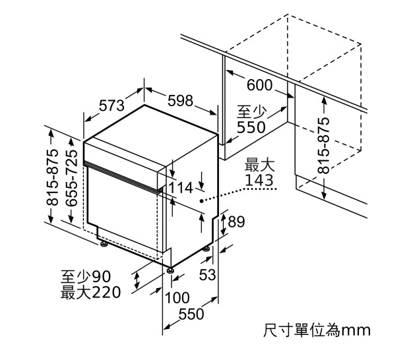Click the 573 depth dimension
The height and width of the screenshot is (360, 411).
point(111,106)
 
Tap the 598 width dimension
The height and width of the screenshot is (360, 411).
point(180,101)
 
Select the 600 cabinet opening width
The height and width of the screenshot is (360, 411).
point(260,85)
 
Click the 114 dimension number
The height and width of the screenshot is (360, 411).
point(181,188)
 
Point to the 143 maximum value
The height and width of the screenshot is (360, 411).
point(259,180)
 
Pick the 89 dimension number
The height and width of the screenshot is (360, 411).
point(236,222)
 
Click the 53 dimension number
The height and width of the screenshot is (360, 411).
point(207,274)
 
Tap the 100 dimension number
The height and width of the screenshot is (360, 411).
point(177,298)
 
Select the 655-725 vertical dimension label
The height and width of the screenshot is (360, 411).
point(71,178)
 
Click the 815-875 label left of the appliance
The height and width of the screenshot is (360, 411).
point(52,177)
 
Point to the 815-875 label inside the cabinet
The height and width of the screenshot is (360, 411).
point(324,146)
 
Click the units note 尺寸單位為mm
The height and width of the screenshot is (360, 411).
point(317,330)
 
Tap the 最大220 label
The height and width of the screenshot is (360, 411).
point(90,292)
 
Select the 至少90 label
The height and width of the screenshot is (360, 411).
point(86,277)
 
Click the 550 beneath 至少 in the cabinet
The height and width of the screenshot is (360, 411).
point(251,127)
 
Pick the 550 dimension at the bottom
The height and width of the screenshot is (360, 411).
point(191,314)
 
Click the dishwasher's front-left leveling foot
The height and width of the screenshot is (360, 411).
point(104,244)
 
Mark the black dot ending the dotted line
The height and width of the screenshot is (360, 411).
point(201,201)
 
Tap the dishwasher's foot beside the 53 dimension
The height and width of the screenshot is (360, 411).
point(206,249)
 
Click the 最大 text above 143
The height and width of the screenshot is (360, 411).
point(259,165)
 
